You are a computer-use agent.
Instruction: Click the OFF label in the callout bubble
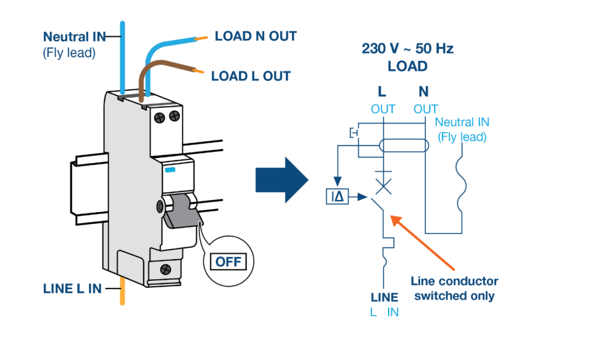point(229,261)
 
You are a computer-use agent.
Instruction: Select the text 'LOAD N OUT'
point(255,36)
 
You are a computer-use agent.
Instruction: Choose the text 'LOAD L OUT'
point(250,76)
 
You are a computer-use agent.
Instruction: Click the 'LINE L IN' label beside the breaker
point(72,289)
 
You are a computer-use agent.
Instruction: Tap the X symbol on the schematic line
point(383,186)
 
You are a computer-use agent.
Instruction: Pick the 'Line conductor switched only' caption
point(455,288)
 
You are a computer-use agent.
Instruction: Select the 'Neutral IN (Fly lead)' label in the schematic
point(462,129)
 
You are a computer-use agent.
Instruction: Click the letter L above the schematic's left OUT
point(382,91)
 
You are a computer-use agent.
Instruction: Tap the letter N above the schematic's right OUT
point(424,91)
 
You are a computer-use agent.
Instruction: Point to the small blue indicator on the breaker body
point(170,169)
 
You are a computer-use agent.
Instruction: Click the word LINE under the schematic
point(384,297)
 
